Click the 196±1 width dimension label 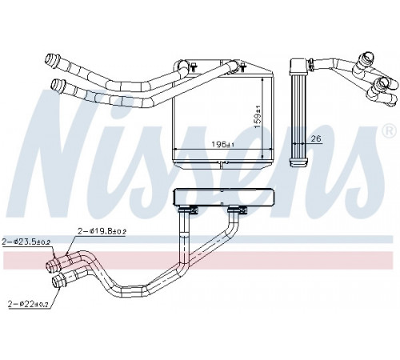coord(222,144)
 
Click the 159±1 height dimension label coord(258,117)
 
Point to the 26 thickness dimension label coord(316,138)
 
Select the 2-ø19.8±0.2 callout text coord(102,231)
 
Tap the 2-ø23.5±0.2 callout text coord(26,242)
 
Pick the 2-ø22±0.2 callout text coord(28,304)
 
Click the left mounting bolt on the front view coord(194,67)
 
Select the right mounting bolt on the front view coord(242,67)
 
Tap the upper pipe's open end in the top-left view coord(50,58)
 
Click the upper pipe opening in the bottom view coord(50,266)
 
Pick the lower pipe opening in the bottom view coord(56,282)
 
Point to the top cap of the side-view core coord(299,66)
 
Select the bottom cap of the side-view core coord(298,162)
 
